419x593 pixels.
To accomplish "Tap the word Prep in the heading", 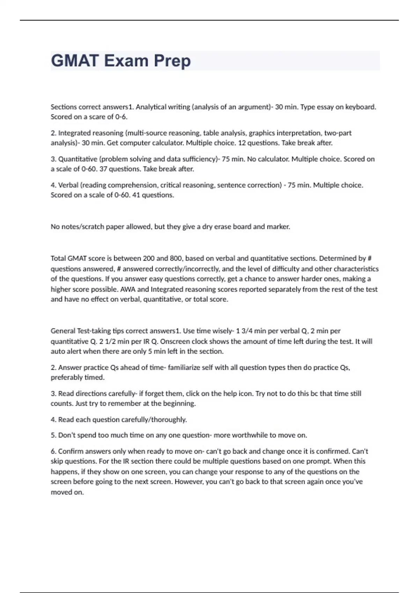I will [x=172, y=61].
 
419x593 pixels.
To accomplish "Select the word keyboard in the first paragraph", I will [x=360, y=107].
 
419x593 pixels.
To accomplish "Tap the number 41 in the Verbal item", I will [x=136, y=195].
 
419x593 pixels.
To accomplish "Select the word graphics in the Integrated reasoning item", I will [x=262, y=133].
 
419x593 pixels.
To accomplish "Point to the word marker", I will [x=278, y=227].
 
